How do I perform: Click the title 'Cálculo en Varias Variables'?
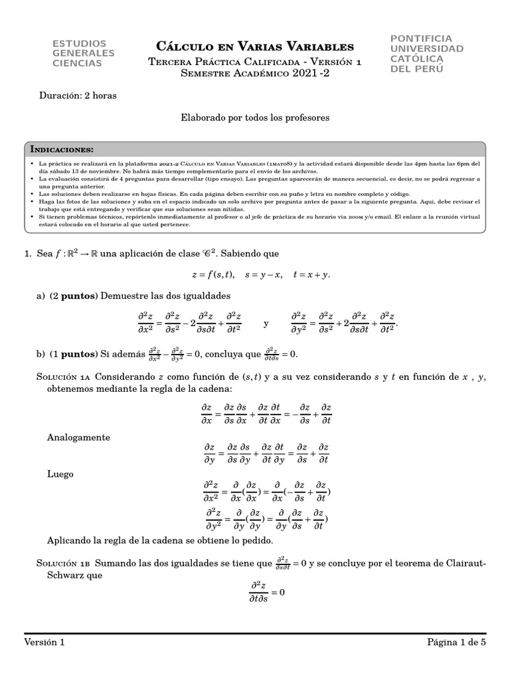(254, 46)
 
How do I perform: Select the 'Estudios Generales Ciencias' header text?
(83, 53)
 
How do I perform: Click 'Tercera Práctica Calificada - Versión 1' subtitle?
(254, 62)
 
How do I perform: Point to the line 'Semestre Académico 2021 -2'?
(254, 74)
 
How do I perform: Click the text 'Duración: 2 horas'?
(78, 96)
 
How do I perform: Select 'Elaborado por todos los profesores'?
(255, 117)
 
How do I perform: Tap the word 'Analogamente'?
(78, 438)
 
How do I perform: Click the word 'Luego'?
(60, 475)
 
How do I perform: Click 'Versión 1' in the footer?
(44, 642)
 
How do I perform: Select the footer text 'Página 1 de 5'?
(457, 642)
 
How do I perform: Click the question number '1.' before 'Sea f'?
(28, 254)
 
